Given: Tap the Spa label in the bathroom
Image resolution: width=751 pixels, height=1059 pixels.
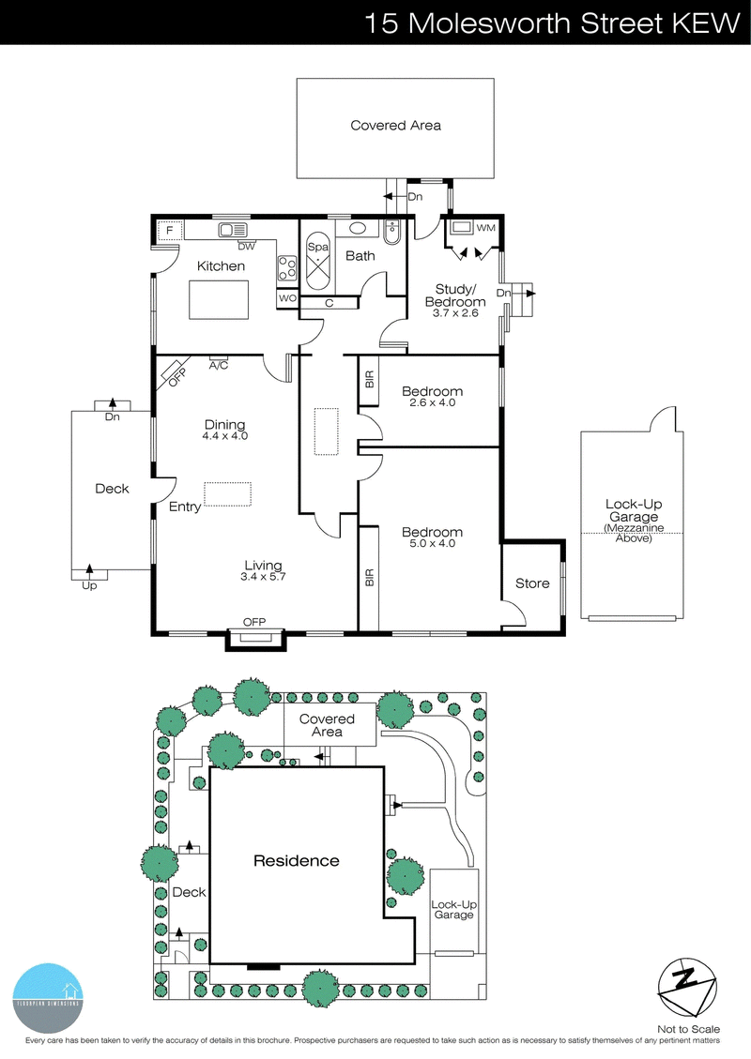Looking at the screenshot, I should (x=315, y=246).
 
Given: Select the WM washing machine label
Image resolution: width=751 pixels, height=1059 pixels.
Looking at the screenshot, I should (x=485, y=228).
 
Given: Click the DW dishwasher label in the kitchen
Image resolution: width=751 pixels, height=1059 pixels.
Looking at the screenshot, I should (x=246, y=247).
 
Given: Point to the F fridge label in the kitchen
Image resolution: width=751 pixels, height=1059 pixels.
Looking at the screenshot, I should (x=170, y=230).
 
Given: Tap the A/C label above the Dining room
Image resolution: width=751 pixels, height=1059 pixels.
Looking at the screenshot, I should (x=220, y=364).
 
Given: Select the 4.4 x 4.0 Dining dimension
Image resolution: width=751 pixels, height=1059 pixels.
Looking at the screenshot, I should (x=224, y=436).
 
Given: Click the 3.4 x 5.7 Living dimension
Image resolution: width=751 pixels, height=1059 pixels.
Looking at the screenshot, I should (x=263, y=577).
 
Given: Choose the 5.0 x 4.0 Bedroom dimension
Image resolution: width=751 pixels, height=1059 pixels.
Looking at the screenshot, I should (x=432, y=543).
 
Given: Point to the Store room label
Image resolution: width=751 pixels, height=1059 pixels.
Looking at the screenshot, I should (x=532, y=583).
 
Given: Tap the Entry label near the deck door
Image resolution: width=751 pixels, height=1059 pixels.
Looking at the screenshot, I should (x=185, y=507).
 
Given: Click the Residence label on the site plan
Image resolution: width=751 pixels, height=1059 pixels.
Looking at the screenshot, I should (x=296, y=860).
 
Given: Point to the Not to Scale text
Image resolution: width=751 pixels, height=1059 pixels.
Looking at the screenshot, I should (x=689, y=1029).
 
